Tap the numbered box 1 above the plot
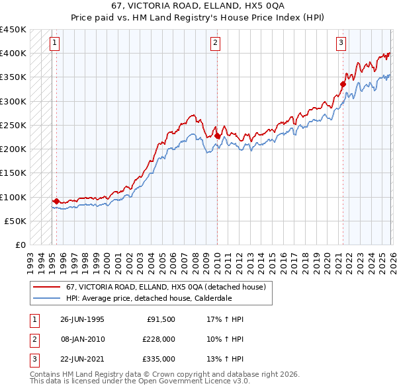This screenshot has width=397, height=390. click(54, 44)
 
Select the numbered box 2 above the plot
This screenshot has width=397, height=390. click(216, 44)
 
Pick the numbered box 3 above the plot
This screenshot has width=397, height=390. click(341, 44)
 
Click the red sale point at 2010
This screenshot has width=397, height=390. click(217, 136)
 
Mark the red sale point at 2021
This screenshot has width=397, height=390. click(343, 84)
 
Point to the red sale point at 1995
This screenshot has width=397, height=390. click(56, 201)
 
